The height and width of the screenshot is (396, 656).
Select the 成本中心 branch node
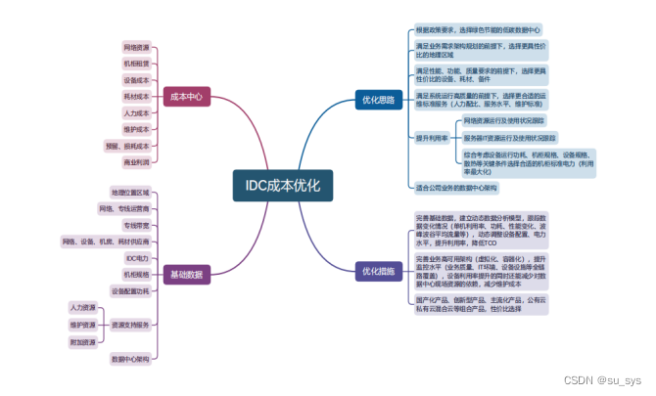coord(186,96)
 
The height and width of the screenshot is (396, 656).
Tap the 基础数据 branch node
coord(186,275)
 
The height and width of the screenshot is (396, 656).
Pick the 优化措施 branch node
coord(378,270)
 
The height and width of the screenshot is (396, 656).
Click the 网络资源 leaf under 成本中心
coord(136,46)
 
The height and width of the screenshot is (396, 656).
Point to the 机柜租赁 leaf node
coord(136,63)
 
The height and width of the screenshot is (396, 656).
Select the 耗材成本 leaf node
coord(136,96)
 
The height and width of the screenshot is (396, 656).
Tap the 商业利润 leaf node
coord(136,162)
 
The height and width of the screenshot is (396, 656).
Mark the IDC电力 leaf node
coord(135,257)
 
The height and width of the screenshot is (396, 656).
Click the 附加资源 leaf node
coord(82,342)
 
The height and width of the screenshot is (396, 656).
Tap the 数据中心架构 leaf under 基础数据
coord(129,359)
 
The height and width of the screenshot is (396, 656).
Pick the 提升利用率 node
coord(432,138)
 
